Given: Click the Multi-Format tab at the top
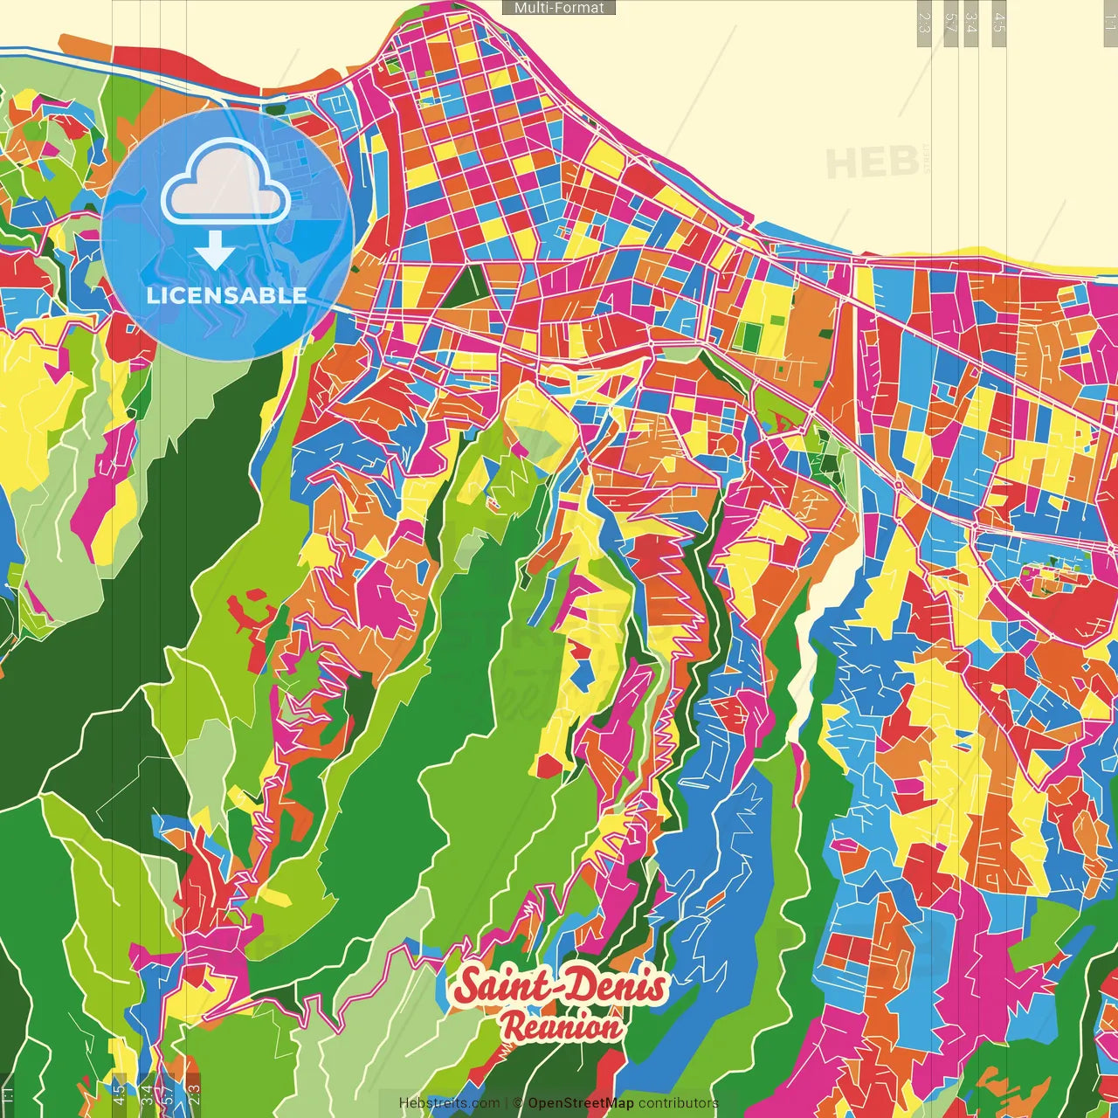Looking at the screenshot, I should click(559, 8).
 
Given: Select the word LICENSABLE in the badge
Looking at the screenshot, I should click(227, 295).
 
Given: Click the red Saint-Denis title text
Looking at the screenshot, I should click(560, 986).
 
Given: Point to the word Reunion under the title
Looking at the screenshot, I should click(562, 1027).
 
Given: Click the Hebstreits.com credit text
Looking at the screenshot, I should click(449, 1103).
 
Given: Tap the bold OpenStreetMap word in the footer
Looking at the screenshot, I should click(580, 1103).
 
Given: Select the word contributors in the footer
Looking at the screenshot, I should click(678, 1103).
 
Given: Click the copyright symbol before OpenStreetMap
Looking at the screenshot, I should click(518, 1103).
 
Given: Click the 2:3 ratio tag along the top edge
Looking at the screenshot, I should click(924, 23).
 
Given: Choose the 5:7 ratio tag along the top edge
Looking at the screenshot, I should click(950, 23).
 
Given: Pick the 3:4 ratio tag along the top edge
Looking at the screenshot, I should click(970, 23).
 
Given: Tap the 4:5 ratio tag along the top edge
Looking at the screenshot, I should click(999, 23).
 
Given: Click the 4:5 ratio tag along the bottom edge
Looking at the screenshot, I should click(119, 1094).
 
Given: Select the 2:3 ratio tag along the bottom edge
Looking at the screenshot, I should click(194, 1094).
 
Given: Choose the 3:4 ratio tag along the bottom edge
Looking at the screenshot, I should click(148, 1094).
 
